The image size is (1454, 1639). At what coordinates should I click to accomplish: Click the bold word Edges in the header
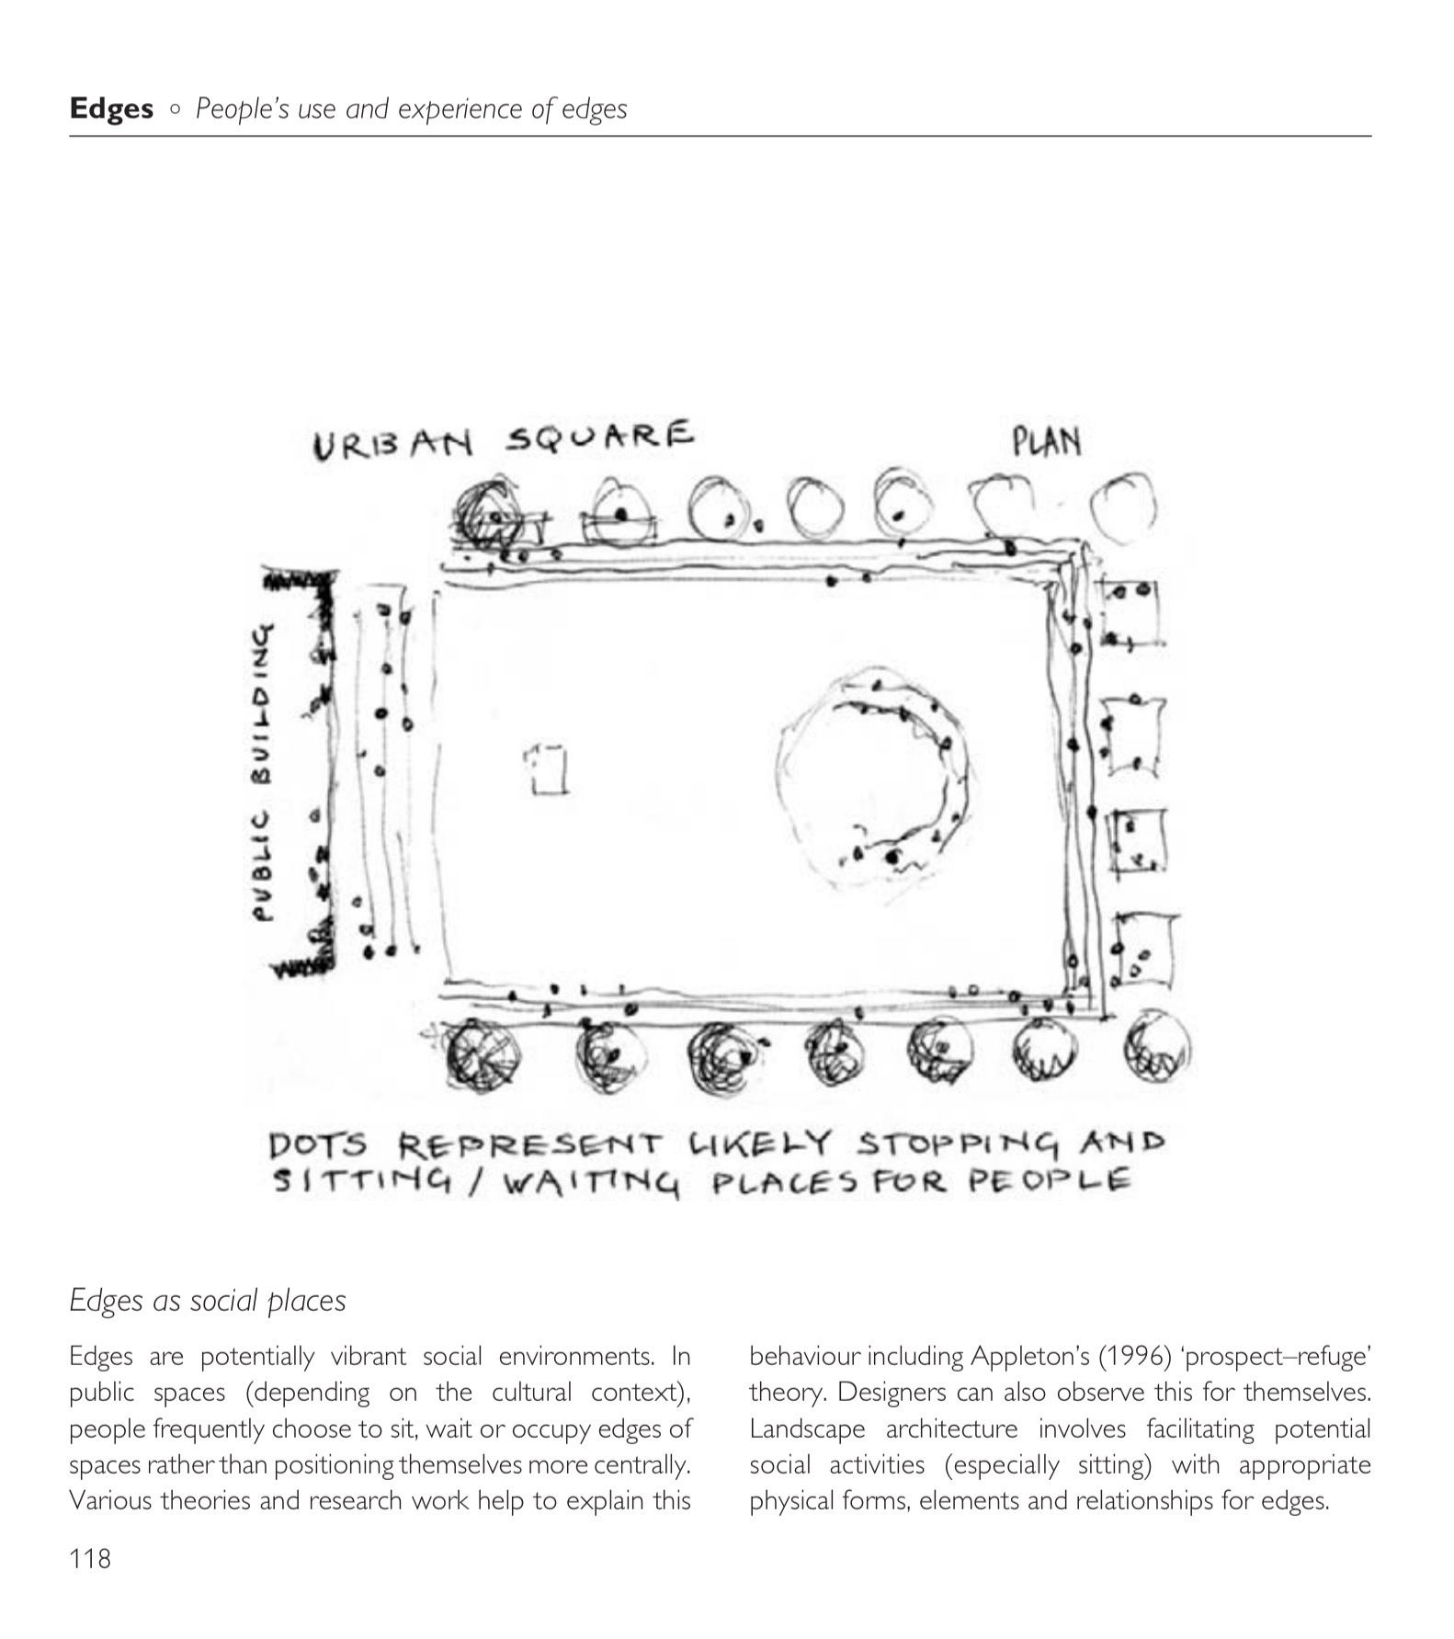coord(111,109)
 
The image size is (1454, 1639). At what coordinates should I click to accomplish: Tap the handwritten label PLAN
coord(1046,442)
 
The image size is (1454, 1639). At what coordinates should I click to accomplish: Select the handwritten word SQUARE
coord(599,437)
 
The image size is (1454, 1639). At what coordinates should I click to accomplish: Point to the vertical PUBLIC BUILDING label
coord(264,771)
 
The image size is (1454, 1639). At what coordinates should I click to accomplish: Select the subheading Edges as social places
coord(208,1301)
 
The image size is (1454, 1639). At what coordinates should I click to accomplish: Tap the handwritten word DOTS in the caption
coord(318,1146)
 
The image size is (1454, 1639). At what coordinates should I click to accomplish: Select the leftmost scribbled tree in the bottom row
coord(482,1052)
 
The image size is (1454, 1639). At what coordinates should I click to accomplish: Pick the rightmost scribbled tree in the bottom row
coord(1157,1047)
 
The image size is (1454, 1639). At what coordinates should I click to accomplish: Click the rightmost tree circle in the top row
coord(1122,505)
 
